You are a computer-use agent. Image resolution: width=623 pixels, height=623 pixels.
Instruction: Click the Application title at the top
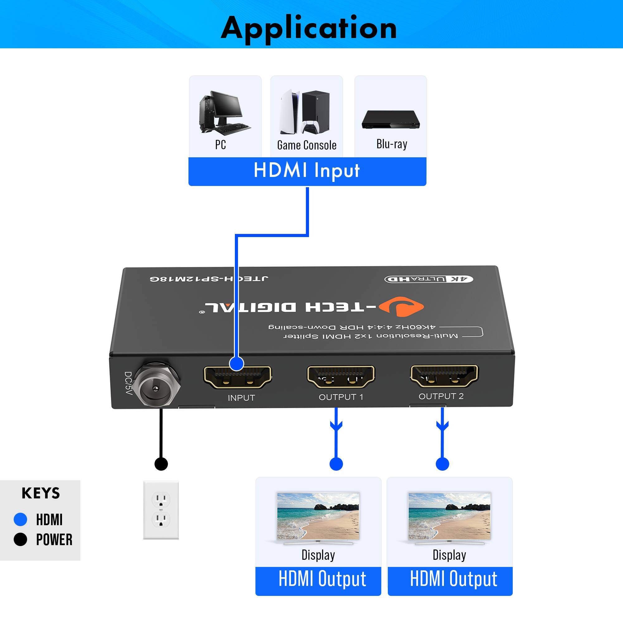tap(309, 28)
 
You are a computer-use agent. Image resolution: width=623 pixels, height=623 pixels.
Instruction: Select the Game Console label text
tap(307, 145)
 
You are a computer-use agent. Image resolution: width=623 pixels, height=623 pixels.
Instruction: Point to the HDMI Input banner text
tap(307, 170)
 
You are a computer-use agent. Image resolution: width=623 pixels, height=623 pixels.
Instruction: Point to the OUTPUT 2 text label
tap(441, 396)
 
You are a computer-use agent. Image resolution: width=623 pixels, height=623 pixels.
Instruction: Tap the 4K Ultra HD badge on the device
tap(429, 279)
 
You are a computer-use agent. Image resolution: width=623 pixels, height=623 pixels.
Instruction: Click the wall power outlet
tap(161, 510)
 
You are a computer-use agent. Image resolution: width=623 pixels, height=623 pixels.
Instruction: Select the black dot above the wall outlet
tap(161, 464)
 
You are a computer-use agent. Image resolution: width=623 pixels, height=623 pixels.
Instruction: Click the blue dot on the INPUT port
tap(237, 364)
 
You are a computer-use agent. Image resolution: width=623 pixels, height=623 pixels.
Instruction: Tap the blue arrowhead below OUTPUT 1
tap(336, 426)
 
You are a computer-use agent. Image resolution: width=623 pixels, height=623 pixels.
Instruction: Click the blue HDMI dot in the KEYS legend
tap(20, 520)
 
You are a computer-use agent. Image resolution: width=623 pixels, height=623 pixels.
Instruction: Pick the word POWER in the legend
tap(54, 540)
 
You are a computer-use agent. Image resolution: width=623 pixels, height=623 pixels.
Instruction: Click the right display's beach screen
tap(449, 516)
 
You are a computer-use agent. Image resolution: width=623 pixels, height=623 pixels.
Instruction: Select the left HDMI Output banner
tap(318, 579)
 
